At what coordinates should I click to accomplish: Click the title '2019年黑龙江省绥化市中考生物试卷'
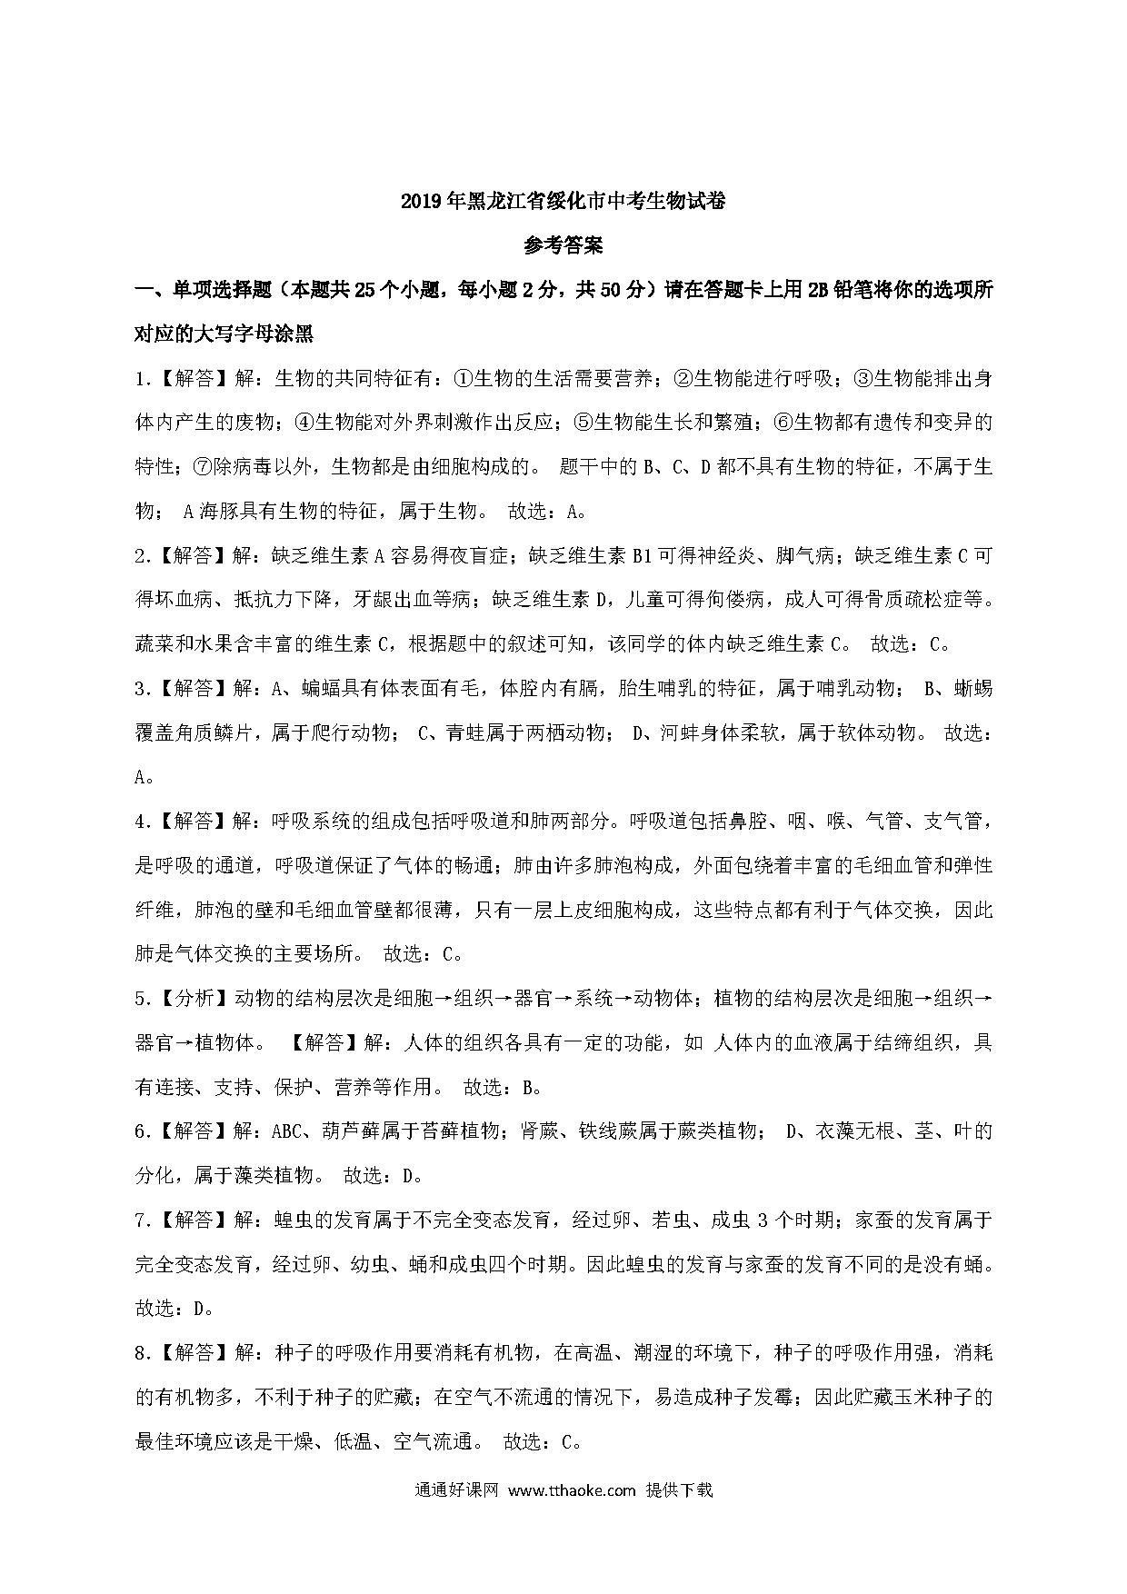pyautogui.click(x=563, y=201)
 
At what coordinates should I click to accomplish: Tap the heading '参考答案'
pyautogui.click(x=563, y=245)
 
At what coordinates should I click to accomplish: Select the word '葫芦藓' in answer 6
pyautogui.click(x=352, y=1131)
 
